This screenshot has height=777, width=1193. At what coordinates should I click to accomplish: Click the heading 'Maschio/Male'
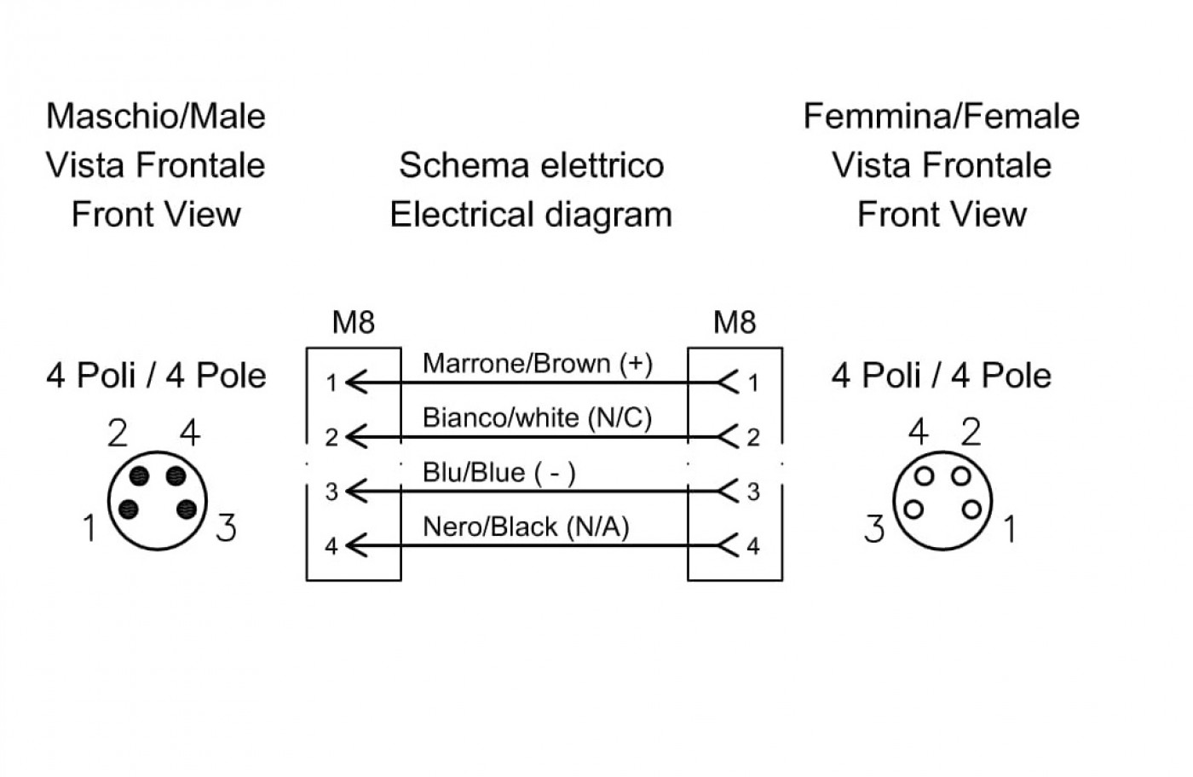tap(155, 116)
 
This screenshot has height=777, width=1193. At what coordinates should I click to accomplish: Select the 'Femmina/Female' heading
tap(941, 116)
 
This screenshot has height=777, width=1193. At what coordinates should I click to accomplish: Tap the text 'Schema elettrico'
tap(532, 165)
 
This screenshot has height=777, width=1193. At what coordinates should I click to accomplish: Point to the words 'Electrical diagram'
tap(531, 215)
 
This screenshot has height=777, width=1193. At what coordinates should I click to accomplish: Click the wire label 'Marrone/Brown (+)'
tap(538, 364)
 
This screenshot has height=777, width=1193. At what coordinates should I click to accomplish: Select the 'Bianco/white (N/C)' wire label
tap(537, 418)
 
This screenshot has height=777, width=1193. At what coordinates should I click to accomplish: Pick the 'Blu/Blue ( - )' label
tap(499, 472)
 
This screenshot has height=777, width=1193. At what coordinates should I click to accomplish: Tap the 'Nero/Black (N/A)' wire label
tap(526, 527)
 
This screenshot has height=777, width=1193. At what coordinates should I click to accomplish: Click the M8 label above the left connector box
tap(353, 322)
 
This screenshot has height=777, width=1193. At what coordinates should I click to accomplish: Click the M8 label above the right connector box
tap(735, 322)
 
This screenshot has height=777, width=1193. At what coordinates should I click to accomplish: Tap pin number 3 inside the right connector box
tap(753, 492)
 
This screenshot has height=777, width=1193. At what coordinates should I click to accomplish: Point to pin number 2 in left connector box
tap(331, 438)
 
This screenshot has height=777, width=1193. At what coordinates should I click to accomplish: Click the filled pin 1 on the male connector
tap(129, 509)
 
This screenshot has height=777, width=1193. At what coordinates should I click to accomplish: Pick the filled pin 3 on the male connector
tap(187, 509)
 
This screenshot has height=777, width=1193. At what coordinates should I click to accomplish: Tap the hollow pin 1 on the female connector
tap(971, 509)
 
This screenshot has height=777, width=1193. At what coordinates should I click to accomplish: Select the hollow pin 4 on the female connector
tap(924, 475)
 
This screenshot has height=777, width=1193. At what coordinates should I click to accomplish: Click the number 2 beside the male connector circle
tap(118, 433)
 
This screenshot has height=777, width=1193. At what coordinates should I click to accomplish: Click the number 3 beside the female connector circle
tap(874, 528)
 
